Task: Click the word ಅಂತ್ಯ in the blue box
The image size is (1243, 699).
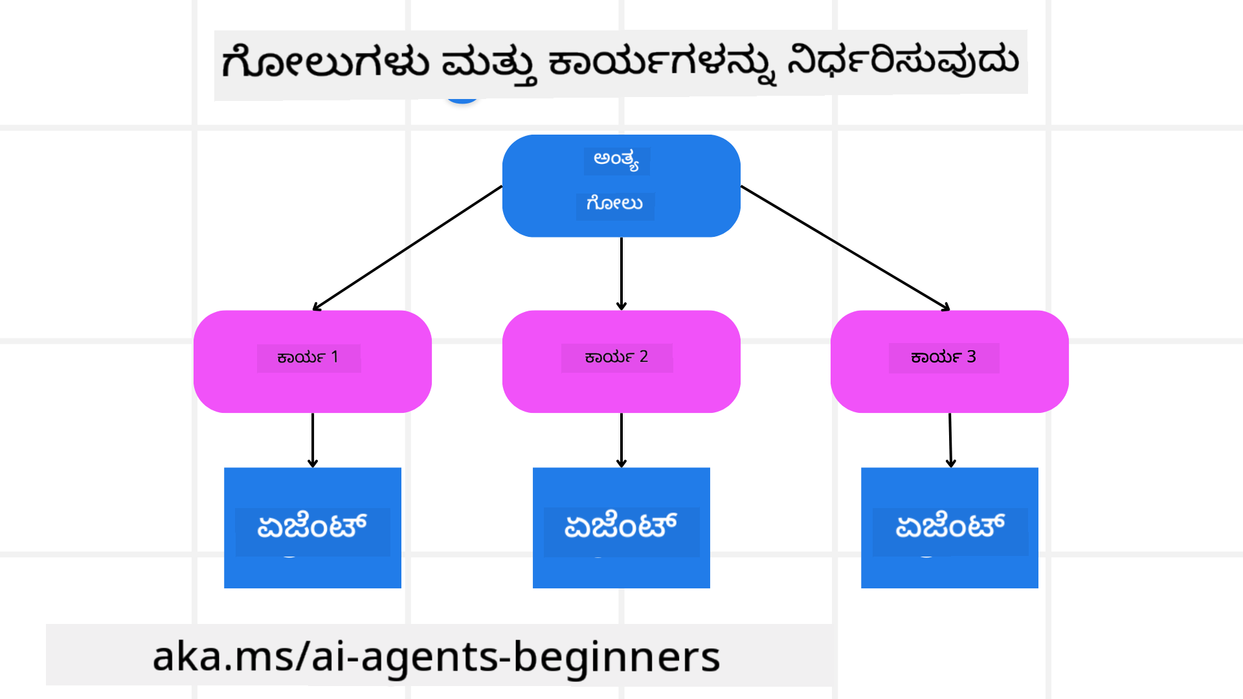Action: click(616, 160)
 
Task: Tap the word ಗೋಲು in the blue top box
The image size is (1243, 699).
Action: click(614, 204)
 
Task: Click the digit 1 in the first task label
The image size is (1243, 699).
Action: click(335, 357)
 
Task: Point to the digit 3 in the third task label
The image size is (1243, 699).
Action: click(971, 357)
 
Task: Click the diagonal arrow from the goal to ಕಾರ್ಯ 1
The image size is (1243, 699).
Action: click(408, 247)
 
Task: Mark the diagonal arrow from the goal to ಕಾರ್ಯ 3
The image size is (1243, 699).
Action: click(845, 246)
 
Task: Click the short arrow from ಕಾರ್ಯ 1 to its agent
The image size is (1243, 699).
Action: click(313, 440)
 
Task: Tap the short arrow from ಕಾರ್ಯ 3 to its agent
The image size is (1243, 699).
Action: click(950, 440)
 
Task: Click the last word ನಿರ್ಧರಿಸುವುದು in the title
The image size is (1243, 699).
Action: click(903, 62)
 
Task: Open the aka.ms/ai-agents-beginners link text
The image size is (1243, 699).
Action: click(436, 656)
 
